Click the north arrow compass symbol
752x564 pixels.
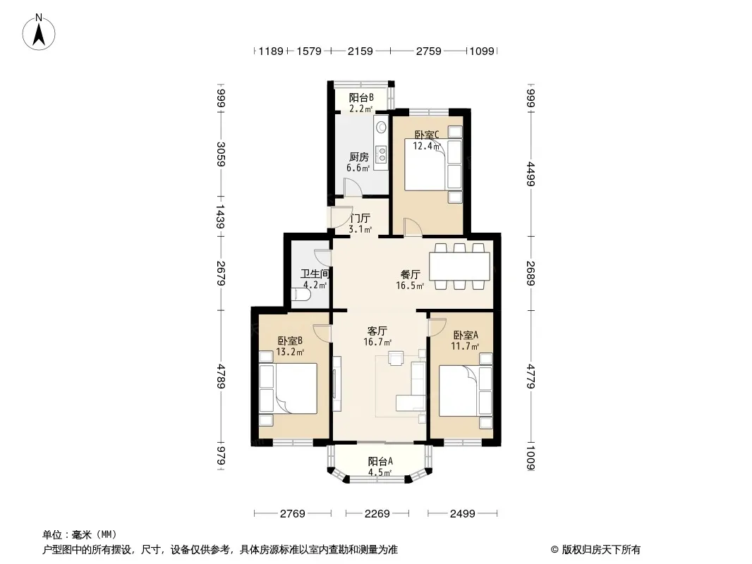[39, 32]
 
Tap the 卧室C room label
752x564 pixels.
[426, 135]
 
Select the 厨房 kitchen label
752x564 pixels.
[358, 157]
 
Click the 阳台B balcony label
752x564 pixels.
[361, 98]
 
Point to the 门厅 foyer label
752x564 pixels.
[360, 218]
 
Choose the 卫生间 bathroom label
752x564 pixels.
[315, 274]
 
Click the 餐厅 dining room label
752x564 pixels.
[411, 274]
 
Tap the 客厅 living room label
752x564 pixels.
[377, 331]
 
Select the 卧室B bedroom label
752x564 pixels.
[290, 341]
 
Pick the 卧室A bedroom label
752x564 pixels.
[466, 335]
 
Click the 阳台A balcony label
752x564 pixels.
[380, 461]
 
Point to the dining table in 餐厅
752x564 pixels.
[459, 266]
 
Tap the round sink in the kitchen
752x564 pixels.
[382, 127]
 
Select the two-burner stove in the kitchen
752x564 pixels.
[382, 154]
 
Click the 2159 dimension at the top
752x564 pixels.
[360, 51]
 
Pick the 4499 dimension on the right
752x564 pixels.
[530, 173]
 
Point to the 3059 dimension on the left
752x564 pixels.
[221, 154]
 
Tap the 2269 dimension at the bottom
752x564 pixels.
[377, 514]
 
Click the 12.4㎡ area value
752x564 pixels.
[426, 146]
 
